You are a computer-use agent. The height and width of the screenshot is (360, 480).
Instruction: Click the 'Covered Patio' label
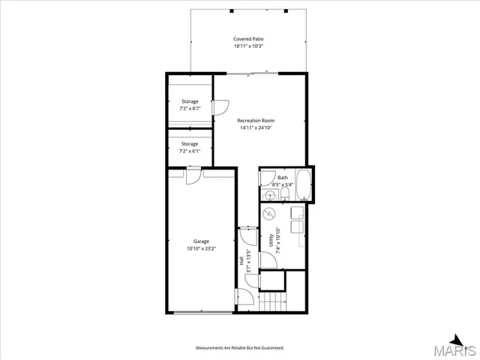click(x=247, y=39)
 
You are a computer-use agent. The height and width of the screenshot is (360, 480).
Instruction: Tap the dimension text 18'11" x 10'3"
click(x=247, y=46)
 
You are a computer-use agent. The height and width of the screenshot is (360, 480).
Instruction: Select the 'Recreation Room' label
click(x=256, y=121)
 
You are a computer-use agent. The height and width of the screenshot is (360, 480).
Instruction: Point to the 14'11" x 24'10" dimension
click(x=256, y=128)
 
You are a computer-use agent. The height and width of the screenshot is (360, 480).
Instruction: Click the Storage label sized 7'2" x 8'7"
click(x=190, y=100)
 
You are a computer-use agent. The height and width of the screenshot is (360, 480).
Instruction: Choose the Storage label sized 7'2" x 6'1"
click(x=190, y=143)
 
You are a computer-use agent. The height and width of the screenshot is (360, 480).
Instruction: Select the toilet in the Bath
click(x=286, y=194)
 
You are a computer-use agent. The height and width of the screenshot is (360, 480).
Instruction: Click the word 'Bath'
click(x=282, y=178)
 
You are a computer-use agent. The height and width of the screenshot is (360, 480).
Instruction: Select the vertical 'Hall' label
click(x=241, y=261)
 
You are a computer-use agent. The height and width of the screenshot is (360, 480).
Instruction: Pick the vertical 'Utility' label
click(x=270, y=240)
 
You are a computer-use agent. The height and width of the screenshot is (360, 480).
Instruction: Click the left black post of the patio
click(x=232, y=10)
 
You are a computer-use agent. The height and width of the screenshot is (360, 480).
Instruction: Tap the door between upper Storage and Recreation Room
click(x=220, y=108)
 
